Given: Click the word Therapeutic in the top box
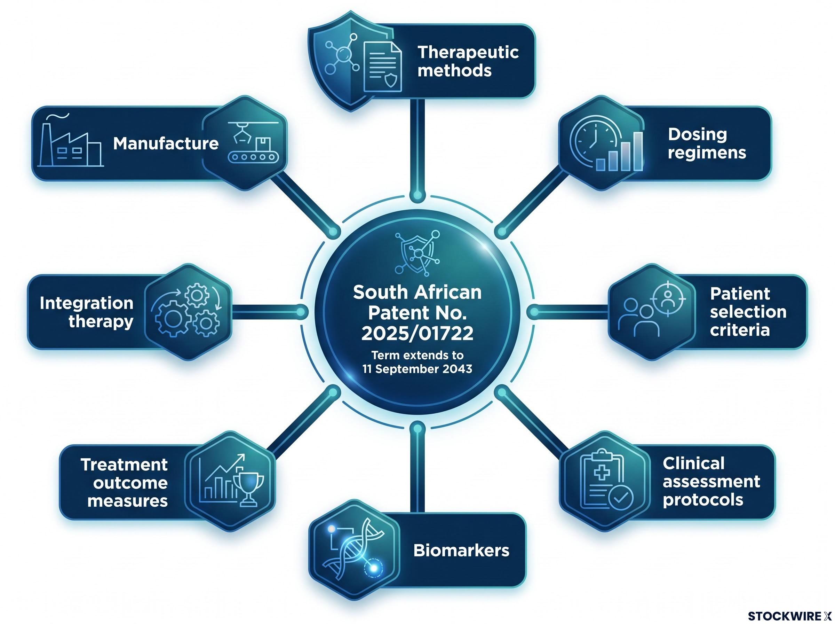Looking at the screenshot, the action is point(468,53).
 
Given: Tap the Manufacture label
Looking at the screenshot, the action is point(166,143).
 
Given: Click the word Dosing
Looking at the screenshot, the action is point(697,134).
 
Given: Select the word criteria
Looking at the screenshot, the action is point(740,330).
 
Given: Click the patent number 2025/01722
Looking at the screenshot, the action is point(417,333).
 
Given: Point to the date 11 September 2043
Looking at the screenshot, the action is point(417,369).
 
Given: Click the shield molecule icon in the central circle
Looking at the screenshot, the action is point(417,253).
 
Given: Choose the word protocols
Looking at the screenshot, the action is point(703,500).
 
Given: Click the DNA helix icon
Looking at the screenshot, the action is point(353,549).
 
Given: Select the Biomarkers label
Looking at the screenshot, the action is point(461,550).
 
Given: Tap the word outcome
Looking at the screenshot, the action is point(130,483).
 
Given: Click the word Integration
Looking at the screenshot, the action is point(86,303).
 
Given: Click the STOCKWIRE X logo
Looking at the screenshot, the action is point(790,616).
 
